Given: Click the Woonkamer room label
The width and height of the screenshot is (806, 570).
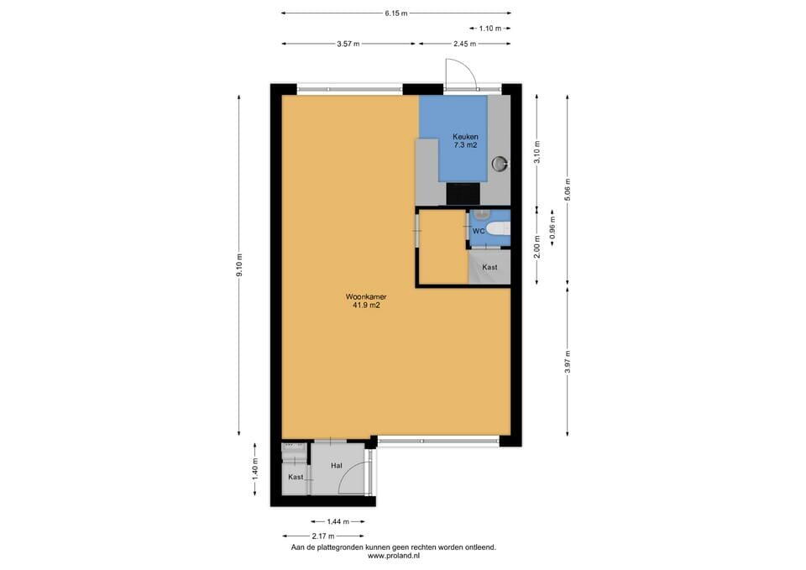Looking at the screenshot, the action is (x=366, y=297).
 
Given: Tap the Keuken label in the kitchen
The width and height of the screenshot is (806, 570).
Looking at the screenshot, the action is (x=465, y=137).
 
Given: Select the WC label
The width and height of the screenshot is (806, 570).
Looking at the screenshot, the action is (x=478, y=232).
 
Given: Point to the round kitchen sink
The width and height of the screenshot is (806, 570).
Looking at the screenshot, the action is (x=500, y=164).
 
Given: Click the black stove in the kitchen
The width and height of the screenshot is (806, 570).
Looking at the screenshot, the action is (x=463, y=193).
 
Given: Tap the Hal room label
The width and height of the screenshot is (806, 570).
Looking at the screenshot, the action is (x=337, y=466).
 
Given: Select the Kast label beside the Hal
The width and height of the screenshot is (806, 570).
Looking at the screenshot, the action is (x=296, y=477).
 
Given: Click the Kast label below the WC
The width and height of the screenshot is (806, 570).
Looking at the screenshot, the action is (x=489, y=267).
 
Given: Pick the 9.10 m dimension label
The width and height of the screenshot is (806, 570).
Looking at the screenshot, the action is (x=239, y=264).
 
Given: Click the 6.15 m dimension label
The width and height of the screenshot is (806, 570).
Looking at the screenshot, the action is (x=395, y=13).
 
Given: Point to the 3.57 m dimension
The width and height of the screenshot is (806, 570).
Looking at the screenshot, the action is (x=348, y=44).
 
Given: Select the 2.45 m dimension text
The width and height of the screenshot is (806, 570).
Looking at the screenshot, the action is (x=464, y=44).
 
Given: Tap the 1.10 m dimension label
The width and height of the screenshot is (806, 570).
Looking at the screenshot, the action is (x=489, y=29).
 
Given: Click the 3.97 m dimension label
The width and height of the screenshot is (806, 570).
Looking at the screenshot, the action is (x=568, y=361).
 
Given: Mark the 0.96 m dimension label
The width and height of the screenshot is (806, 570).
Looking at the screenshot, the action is (x=553, y=228).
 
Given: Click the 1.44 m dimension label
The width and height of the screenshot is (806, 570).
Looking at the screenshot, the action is (x=338, y=521).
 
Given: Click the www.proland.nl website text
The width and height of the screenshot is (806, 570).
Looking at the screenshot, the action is (x=394, y=556).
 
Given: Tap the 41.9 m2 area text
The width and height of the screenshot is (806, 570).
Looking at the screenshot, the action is (x=366, y=306).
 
